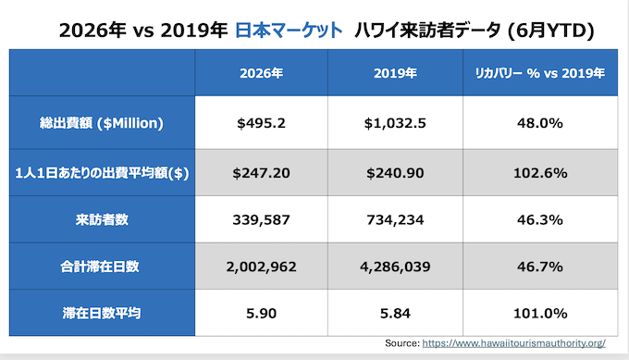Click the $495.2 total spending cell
coord(261,123)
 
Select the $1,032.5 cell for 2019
coord(395,123)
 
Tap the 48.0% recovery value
coord(540,123)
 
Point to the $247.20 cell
coord(261,173)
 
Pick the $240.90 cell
coord(395,173)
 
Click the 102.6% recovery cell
coord(540,173)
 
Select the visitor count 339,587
coord(261,220)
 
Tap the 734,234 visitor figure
coord(395,220)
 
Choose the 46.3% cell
coord(540,220)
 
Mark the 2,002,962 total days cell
coord(261,267)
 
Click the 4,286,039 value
coord(395,267)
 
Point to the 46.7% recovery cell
coord(540,267)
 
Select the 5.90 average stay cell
coord(261,313)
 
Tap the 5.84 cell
coord(395,313)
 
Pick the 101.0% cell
coord(540,313)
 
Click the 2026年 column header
coord(261,73)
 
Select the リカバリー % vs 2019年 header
coord(540,73)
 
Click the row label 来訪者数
coord(102,220)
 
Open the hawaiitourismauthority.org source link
coord(514,343)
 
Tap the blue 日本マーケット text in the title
coord(289,31)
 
